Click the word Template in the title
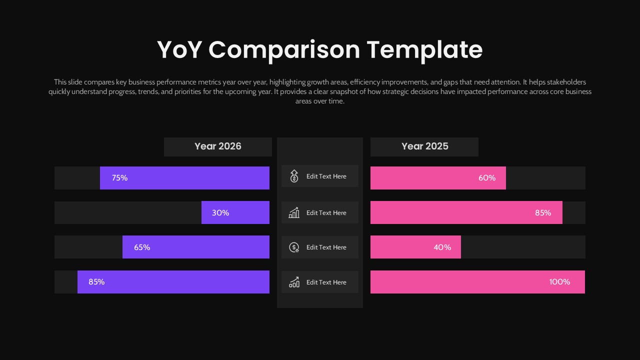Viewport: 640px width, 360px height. (424, 50)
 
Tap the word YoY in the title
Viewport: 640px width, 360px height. (179, 50)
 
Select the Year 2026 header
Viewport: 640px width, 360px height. (218, 146)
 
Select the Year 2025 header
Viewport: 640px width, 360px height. (424, 146)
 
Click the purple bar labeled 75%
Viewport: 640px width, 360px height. (184, 178)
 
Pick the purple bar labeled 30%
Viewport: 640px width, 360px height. (235, 212)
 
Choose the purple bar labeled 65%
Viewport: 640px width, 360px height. (196, 247)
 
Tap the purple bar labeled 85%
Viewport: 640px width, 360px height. (173, 282)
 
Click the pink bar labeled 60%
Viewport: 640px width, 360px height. (438, 178)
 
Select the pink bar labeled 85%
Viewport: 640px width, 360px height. (466, 212)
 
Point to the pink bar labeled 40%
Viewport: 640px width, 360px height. (415, 247)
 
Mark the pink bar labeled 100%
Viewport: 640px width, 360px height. (477, 282)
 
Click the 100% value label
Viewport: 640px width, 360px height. (559, 282)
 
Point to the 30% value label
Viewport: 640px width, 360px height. (220, 213)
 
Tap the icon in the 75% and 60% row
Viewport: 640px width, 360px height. (294, 176)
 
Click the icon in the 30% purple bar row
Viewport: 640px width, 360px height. (294, 213)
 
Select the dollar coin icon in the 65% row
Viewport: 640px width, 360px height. (294, 247)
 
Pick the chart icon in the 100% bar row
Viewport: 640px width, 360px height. (294, 282)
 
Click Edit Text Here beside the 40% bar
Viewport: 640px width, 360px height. (326, 247)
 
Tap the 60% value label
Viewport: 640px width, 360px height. (487, 178)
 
